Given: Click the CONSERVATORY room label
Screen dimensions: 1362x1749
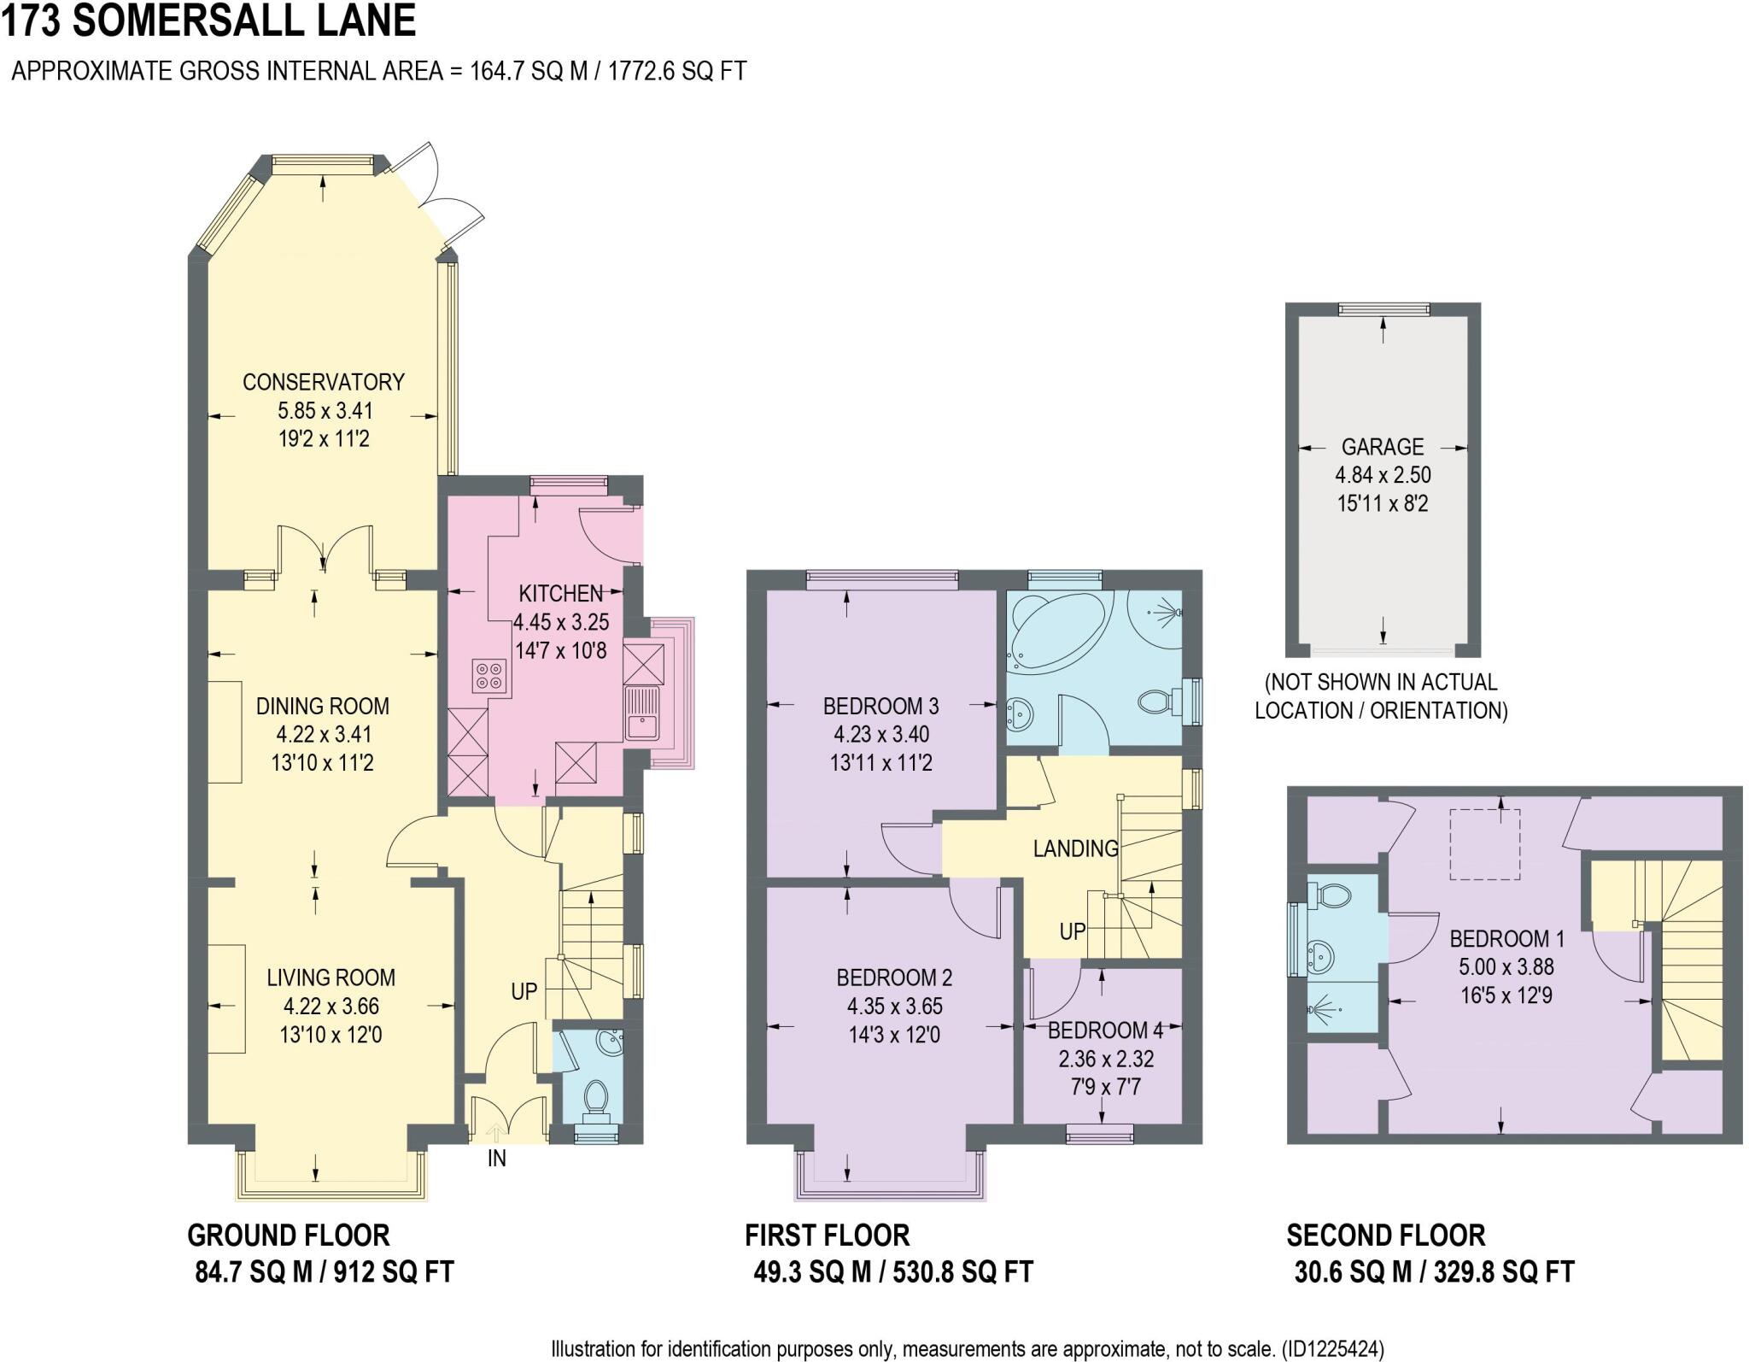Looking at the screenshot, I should click(x=323, y=382).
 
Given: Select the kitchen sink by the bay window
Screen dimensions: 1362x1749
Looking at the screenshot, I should click(x=641, y=713).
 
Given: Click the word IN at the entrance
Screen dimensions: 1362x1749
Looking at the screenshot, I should click(x=496, y=1159).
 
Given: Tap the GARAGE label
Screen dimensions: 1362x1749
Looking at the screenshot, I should click(x=1382, y=447).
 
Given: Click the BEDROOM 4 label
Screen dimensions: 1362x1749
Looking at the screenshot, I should click(x=1105, y=1030).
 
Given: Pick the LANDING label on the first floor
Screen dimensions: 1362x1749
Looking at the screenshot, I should click(x=1075, y=848).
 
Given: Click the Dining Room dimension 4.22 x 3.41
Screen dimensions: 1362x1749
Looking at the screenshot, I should click(x=323, y=734).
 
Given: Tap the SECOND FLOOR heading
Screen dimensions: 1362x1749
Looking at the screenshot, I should click(x=1385, y=1236).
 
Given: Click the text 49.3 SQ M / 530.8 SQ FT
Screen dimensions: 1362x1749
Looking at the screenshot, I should click(x=892, y=1272).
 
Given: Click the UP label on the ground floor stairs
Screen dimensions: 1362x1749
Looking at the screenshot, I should click(x=524, y=991).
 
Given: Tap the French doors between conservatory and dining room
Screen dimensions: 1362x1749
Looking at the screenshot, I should click(x=324, y=547).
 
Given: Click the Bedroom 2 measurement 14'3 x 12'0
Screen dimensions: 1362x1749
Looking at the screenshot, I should click(x=893, y=1035).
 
